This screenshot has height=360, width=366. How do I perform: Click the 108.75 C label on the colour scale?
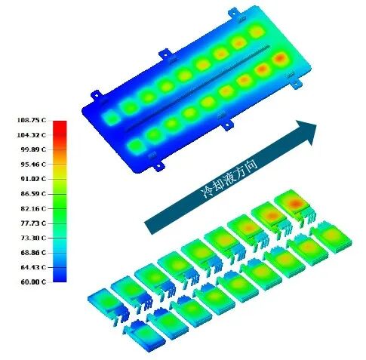(32, 120)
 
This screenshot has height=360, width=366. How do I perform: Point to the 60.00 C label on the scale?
(33, 282)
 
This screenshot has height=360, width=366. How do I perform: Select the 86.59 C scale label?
(33, 194)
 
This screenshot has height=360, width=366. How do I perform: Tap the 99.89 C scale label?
(33, 149)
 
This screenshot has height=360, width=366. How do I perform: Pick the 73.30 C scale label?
(33, 238)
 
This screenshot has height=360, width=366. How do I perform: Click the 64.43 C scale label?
(33, 267)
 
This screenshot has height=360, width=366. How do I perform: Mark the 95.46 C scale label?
(33, 165)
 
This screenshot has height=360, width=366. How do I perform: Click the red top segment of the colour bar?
(60, 127)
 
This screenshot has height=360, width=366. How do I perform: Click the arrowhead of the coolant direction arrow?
(306, 131)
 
